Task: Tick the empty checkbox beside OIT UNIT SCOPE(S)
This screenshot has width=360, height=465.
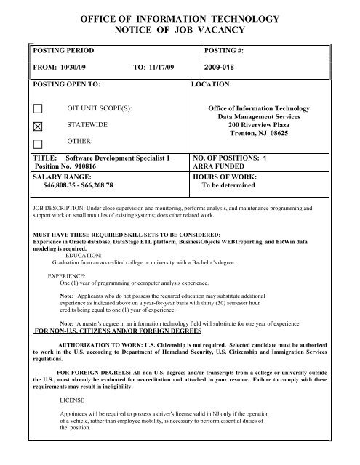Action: [x=39, y=109]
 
